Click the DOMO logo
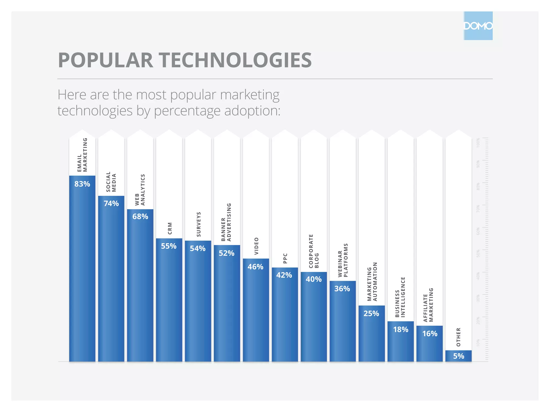coord(478,26)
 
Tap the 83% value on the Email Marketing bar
coord(82,184)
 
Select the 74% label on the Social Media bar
coord(111,204)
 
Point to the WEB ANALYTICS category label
coord(140,190)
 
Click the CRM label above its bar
coord(170,228)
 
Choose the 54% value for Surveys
coord(198,249)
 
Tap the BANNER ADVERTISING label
coord(226,222)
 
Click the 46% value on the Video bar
coord(255,267)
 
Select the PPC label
coord(285,258)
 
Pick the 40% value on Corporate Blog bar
coord(314,279)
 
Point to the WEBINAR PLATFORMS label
coord(343,260)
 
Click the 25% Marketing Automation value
coord(371,314)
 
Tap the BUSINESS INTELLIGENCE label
coord(400,297)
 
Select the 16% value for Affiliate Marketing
coord(430,334)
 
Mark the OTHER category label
coord(458,337)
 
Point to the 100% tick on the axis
coord(478,142)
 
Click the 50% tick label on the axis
coord(478,253)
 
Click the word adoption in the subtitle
coord(252,111)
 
